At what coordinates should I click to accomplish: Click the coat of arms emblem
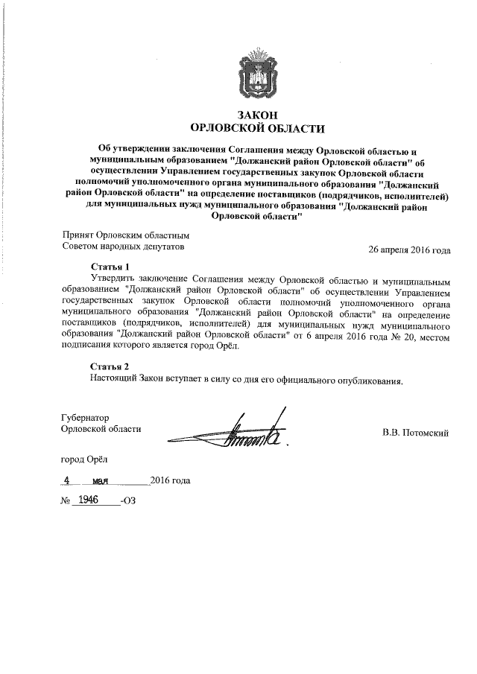[258, 71]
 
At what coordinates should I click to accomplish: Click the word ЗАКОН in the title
[257, 115]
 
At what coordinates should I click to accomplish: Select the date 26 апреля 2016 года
[409, 249]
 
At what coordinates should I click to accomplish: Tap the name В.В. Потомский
[415, 432]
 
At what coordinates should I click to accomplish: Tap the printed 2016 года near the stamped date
[170, 480]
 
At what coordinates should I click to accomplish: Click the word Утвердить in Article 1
[113, 280]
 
